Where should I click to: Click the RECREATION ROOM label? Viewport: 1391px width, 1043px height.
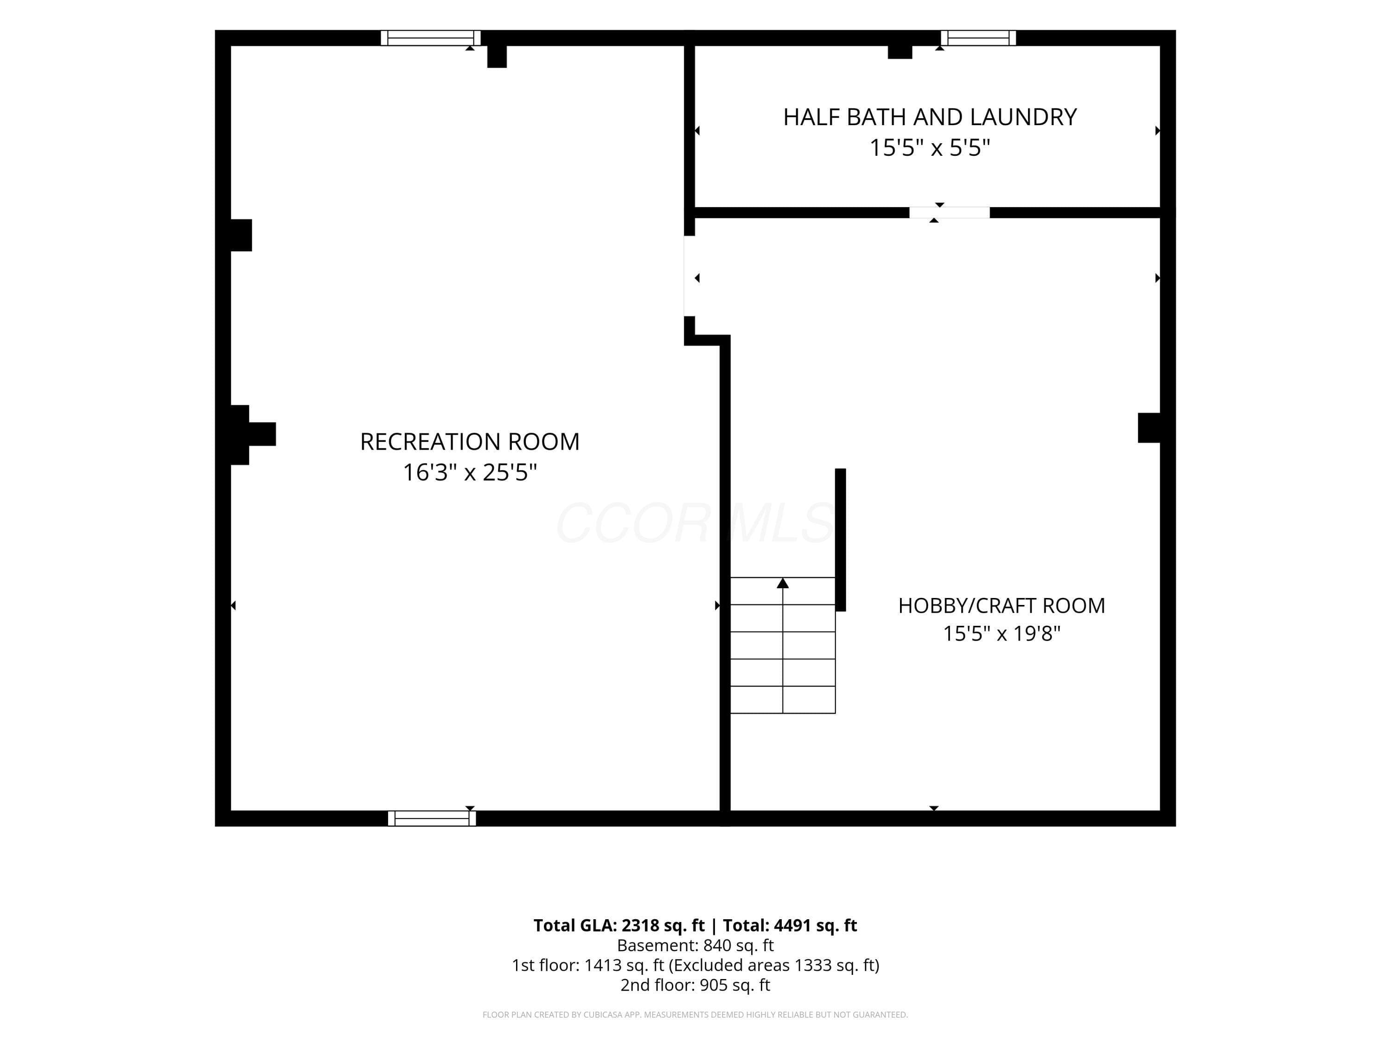470,442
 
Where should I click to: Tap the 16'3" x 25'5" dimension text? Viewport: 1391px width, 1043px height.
470,472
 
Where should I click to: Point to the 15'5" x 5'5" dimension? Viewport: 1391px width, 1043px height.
930,148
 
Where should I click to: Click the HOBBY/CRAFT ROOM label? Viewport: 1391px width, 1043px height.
1001,605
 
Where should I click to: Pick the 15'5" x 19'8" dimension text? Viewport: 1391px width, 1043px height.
1001,633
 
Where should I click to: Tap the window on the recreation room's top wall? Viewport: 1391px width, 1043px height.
431,38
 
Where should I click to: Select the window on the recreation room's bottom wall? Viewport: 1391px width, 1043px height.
432,818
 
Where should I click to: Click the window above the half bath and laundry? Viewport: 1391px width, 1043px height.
978,38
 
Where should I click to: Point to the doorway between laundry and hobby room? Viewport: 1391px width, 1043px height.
950,212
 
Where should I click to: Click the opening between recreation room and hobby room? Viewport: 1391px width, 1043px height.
690,276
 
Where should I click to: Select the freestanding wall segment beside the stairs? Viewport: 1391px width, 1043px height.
840,540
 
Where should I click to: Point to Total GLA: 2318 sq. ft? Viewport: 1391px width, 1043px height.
619,925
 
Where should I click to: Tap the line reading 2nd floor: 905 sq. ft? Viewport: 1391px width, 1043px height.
695,985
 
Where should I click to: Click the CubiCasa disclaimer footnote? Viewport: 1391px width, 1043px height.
695,1015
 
